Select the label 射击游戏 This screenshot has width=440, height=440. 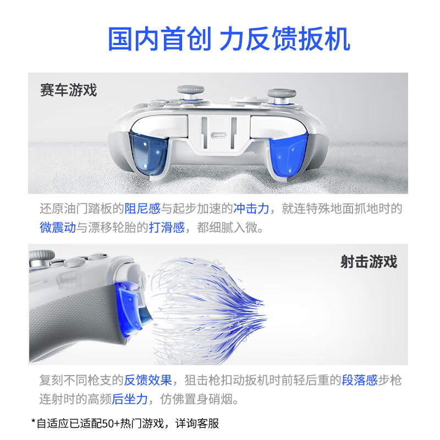(x=369, y=261)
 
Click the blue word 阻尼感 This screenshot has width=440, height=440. (x=142, y=209)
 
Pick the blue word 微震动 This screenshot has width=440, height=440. (x=57, y=227)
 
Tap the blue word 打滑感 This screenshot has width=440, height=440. (x=166, y=227)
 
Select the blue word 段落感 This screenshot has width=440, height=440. (x=360, y=380)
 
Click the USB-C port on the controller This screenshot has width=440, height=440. (x=219, y=136)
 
